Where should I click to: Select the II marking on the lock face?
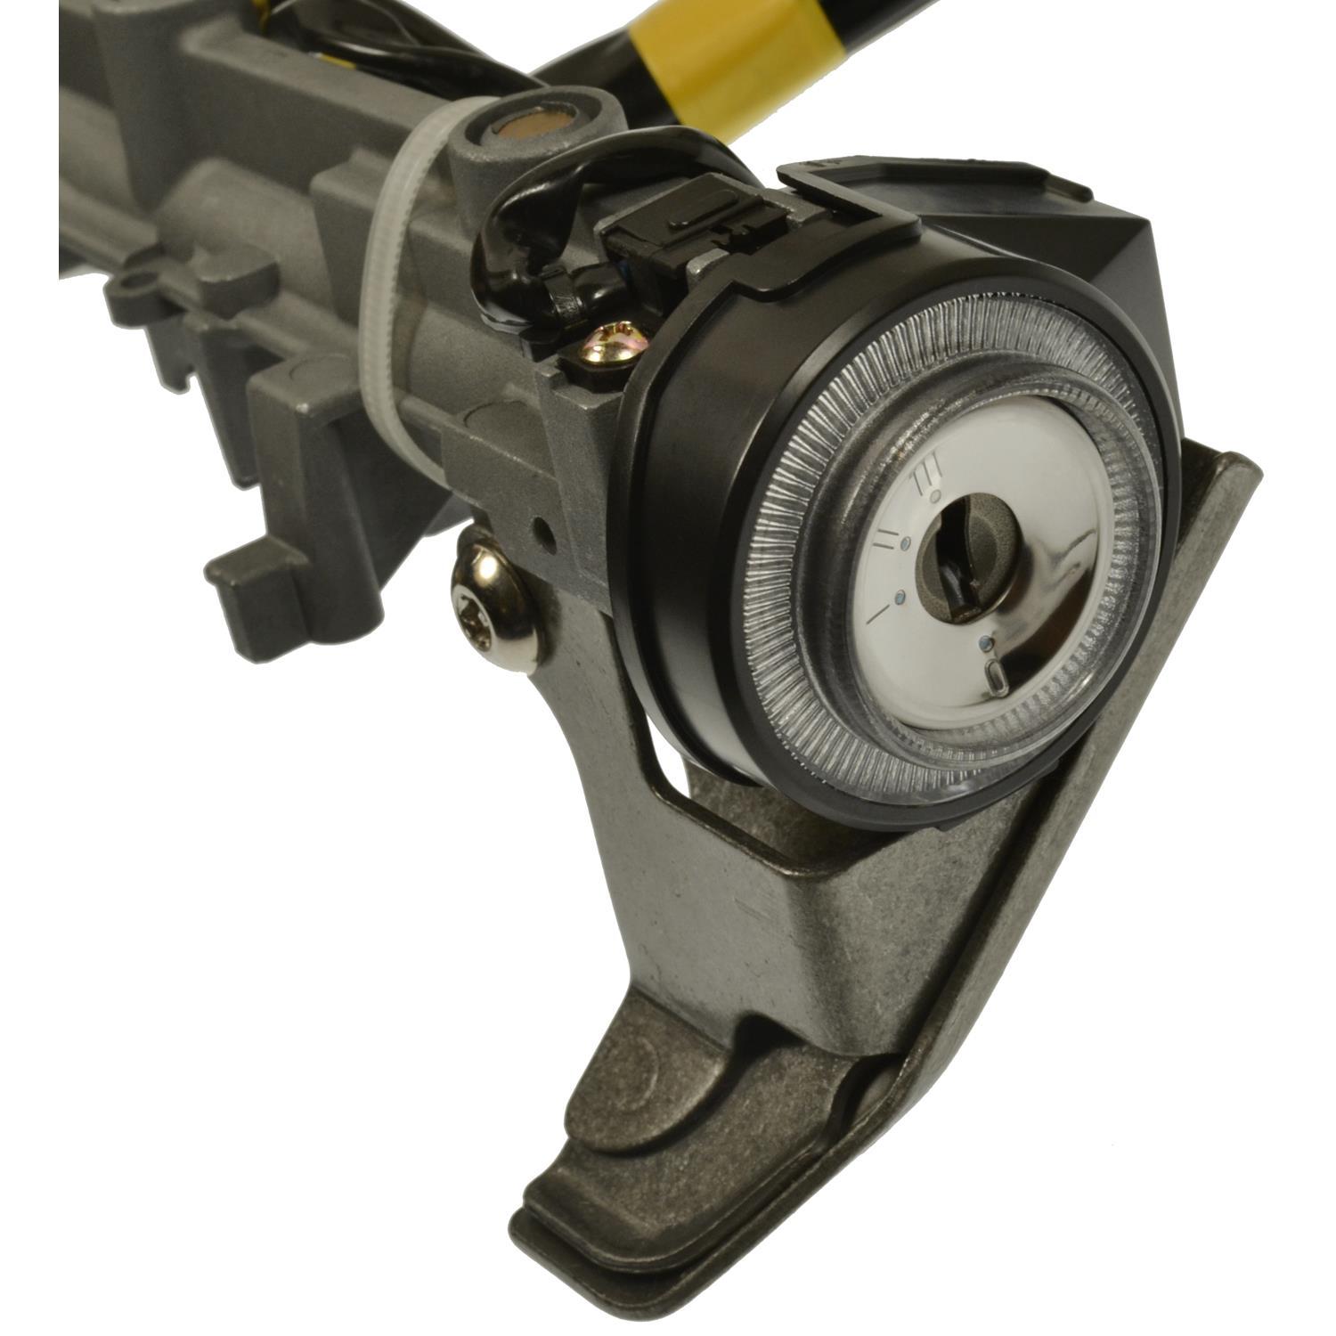(x=886, y=535)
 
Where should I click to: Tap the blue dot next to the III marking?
(x=933, y=500)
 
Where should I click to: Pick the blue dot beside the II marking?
(x=905, y=542)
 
